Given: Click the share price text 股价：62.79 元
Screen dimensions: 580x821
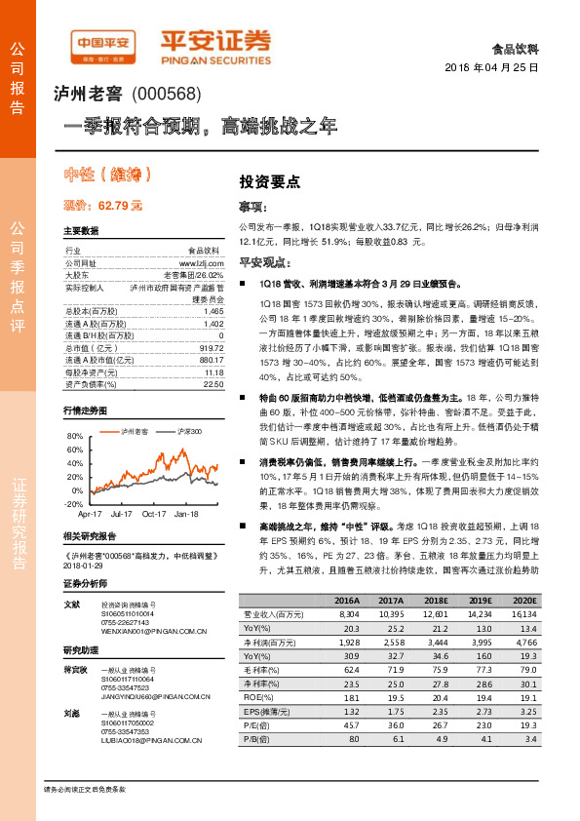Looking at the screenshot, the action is pyautogui.click(x=103, y=206).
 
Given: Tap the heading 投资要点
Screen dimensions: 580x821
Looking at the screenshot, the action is pyautogui.click(x=270, y=181).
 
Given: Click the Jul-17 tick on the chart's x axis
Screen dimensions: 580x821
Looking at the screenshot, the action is pyautogui.click(x=122, y=513).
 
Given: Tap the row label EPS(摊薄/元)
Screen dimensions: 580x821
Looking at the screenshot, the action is pyautogui.click(x=267, y=713).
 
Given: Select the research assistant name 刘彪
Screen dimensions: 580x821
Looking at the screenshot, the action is pyautogui.click(x=71, y=715).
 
